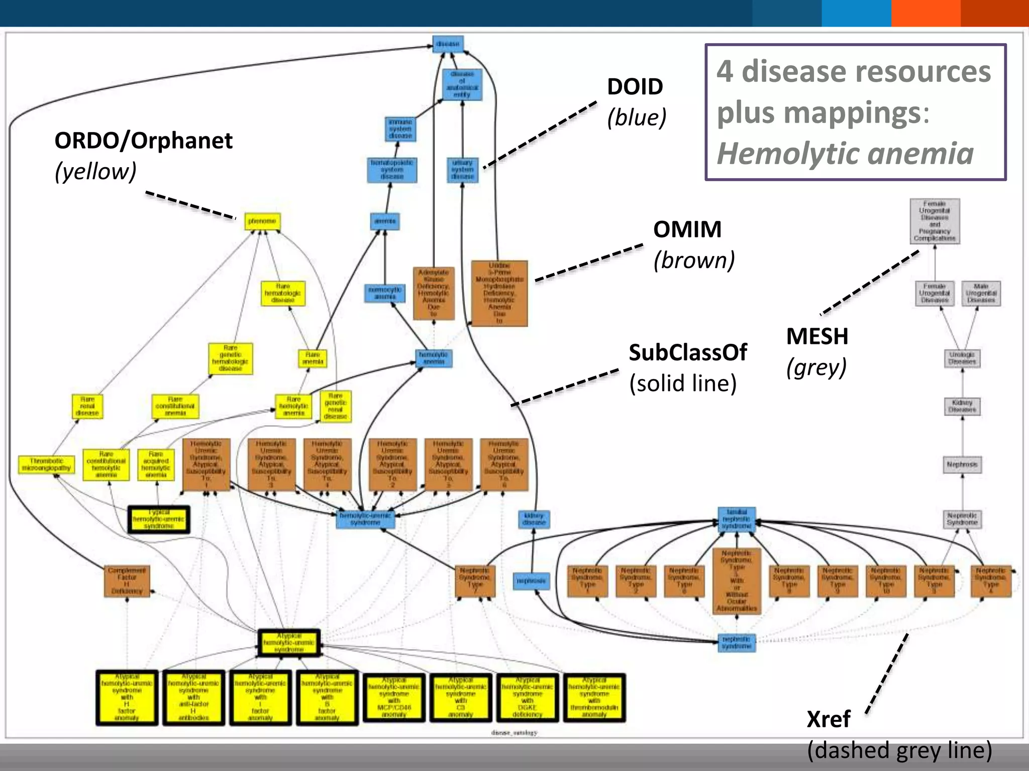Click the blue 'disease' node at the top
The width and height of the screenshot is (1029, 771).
point(448,44)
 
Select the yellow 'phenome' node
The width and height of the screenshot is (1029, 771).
point(262,221)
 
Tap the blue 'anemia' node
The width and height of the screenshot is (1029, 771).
point(385,221)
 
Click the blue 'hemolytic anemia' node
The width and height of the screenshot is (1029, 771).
point(434,358)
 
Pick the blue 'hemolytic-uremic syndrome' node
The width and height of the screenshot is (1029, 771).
point(365,519)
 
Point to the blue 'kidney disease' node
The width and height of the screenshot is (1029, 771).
point(534,519)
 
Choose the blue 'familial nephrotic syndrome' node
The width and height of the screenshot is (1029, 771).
point(737,519)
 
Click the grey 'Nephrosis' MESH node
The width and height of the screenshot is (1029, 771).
point(962,464)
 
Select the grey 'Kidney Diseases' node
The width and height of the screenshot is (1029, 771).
point(962,406)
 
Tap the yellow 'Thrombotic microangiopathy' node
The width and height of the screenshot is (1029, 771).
point(46,464)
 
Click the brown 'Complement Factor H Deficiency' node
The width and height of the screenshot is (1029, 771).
point(127,581)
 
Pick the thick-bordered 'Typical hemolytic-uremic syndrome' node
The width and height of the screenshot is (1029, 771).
point(159,519)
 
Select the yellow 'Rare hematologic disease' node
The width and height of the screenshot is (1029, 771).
point(283,293)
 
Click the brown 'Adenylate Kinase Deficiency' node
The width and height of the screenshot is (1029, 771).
point(434,293)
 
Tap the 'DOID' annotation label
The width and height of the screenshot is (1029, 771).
point(635,87)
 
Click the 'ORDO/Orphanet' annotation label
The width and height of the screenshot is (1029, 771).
point(143,141)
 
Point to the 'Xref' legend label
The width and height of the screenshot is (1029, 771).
point(828,719)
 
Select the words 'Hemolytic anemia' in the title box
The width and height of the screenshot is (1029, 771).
point(845,154)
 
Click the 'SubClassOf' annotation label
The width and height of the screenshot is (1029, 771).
point(688,352)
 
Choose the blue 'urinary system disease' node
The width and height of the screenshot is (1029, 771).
point(462,170)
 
